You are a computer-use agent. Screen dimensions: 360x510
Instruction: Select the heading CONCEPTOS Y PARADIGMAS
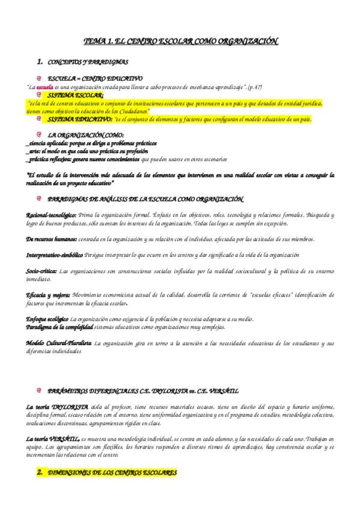tap(87, 62)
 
